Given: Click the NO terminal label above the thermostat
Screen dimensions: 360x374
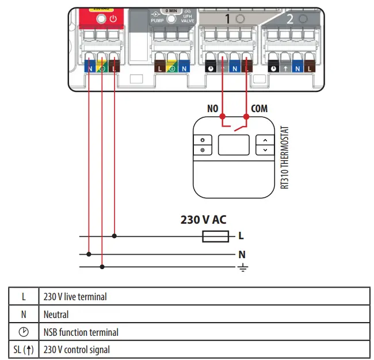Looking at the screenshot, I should click(213, 109).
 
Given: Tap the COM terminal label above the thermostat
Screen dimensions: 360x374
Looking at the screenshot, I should click(259, 109).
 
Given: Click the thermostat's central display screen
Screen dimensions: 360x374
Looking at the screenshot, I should click(233, 145).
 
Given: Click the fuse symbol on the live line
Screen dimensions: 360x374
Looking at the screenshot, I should click(215, 236).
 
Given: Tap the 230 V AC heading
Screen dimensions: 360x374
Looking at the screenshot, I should click(204, 220).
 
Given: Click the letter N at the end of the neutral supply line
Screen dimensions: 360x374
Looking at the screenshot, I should click(242, 254).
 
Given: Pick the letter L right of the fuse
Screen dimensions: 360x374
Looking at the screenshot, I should click(241, 236).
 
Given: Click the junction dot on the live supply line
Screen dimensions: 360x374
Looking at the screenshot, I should click(115, 236).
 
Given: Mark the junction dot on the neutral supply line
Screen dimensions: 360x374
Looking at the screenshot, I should click(89, 253).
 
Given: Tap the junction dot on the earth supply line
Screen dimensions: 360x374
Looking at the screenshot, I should click(102, 266).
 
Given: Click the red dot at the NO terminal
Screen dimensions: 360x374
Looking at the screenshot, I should click(222, 116).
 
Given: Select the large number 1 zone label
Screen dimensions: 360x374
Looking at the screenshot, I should click(227, 19).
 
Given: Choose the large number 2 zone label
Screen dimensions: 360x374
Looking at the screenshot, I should click(289, 19).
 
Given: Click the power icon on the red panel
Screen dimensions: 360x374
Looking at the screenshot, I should click(114, 18).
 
